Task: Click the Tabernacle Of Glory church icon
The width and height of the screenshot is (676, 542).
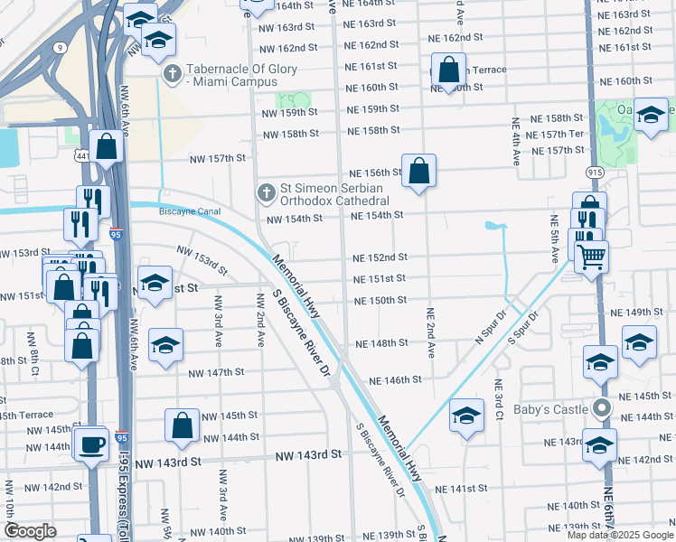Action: click(x=172, y=72)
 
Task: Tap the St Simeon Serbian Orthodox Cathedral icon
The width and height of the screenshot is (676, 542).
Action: click(x=266, y=192)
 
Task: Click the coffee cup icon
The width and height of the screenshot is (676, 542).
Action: click(x=91, y=443)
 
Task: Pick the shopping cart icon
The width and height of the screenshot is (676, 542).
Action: click(x=592, y=257)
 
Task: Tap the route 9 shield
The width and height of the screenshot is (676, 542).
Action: click(x=60, y=45)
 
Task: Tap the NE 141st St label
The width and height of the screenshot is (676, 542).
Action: click(x=460, y=488)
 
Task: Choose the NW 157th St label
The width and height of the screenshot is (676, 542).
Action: click(x=218, y=159)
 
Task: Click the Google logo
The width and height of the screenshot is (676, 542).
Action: click(x=30, y=531)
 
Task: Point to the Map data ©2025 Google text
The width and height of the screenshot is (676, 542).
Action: click(x=619, y=535)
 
